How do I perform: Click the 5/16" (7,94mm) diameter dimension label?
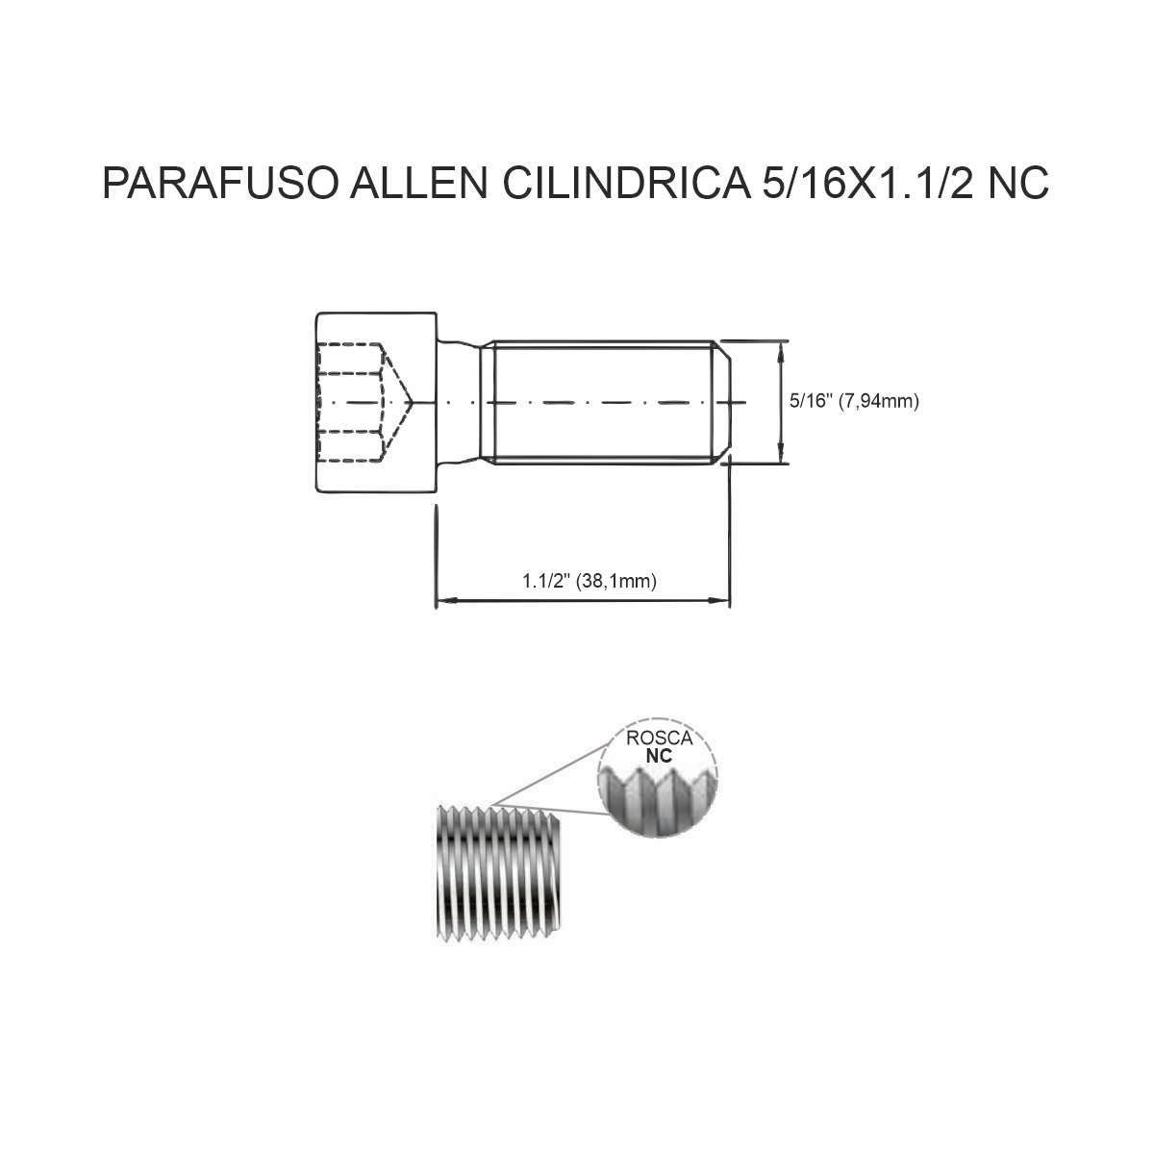tap(854, 401)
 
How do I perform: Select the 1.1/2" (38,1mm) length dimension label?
tap(590, 580)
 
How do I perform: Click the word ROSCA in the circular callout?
tap(659, 738)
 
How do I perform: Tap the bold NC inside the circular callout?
tap(659, 756)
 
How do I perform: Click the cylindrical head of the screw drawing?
tap(376, 402)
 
